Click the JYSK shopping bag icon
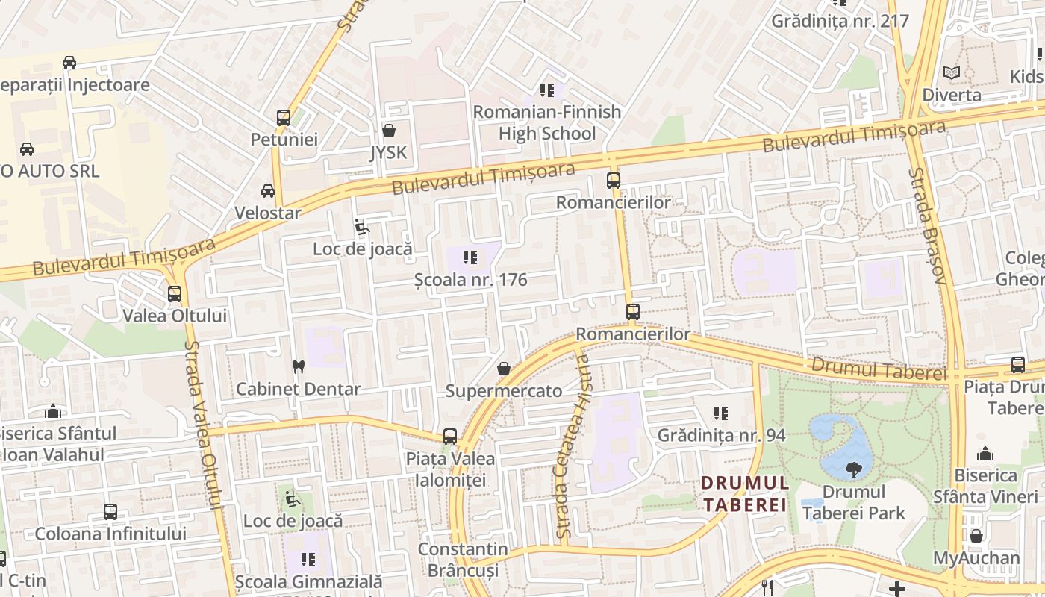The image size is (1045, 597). click(x=389, y=131)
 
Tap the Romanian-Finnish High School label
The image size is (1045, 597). click(x=547, y=122)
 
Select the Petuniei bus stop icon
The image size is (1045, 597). click(x=284, y=117)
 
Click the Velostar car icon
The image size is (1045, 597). click(x=268, y=191)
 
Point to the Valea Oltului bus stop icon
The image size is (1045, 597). click(x=175, y=293)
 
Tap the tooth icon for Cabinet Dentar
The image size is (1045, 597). click(x=299, y=366)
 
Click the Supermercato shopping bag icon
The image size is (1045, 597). click(x=504, y=369)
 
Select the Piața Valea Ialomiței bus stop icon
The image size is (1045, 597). click(x=449, y=437)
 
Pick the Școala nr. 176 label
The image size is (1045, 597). click(x=471, y=280)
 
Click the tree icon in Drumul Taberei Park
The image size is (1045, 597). click(x=852, y=470)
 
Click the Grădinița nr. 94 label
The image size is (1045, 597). click(x=721, y=435)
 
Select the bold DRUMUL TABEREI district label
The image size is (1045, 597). click(x=745, y=494)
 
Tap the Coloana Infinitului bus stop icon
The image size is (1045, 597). click(x=110, y=512)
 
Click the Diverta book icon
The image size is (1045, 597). click(x=952, y=72)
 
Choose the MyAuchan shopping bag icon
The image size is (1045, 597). click(x=976, y=536)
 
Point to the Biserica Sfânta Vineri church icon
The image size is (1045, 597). click(x=985, y=454)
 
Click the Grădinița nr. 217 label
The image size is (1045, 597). click(x=840, y=21)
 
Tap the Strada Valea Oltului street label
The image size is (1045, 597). click(x=205, y=425)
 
